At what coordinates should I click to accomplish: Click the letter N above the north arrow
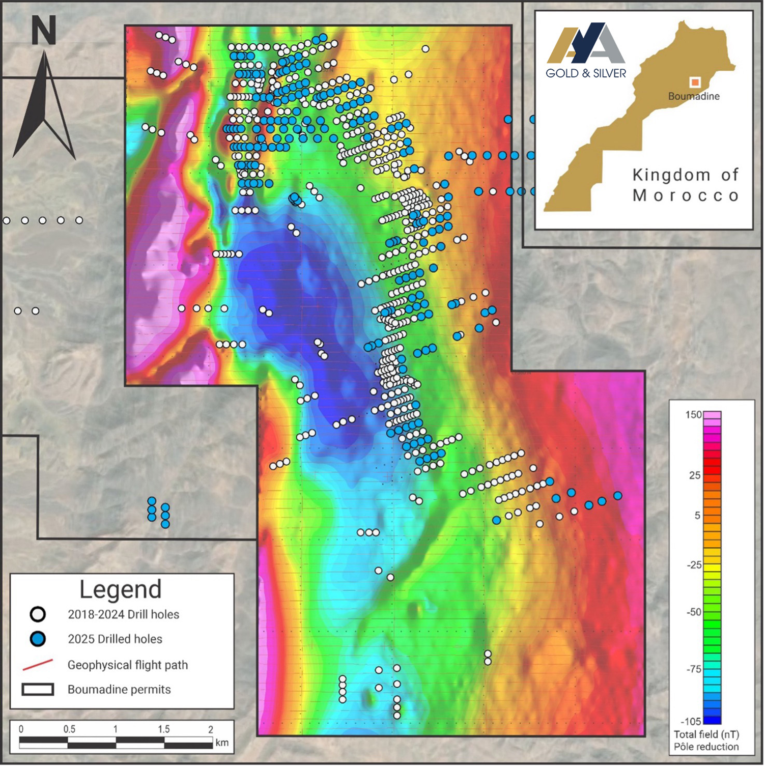pos(43,31)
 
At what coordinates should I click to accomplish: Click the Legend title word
pos(120,590)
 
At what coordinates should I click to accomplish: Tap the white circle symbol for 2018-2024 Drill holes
pos(38,615)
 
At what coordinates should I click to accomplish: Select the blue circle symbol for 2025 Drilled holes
pos(38,639)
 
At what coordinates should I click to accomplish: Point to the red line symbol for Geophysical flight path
pos(38,665)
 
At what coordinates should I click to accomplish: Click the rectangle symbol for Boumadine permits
pos(38,690)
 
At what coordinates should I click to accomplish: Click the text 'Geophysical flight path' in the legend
pos(127,665)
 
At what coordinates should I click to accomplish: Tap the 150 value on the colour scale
pos(693,415)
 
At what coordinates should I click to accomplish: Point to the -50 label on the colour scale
pos(693,612)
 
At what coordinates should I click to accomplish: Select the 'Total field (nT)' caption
pos(706,734)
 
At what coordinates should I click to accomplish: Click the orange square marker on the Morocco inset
pos(695,82)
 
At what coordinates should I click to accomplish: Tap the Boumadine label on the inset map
pos(694,96)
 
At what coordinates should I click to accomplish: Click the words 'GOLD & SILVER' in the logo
pos(586,73)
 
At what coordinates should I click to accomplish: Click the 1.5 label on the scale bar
pos(163,729)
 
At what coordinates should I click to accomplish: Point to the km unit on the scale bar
pos(222,743)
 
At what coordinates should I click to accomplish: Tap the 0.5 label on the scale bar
pos(69,729)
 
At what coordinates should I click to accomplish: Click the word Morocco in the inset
pos(685,195)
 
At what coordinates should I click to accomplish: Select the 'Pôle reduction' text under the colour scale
pos(706,747)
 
